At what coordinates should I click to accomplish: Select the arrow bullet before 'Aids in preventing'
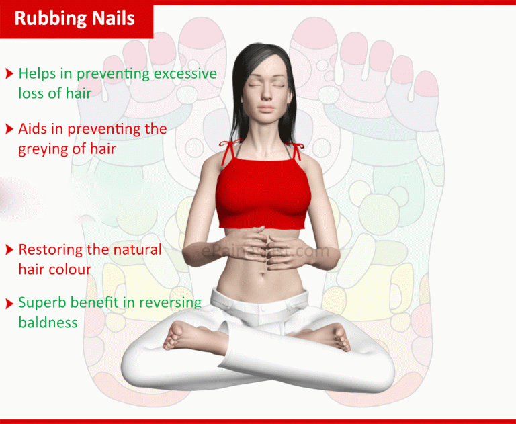[x=9, y=128]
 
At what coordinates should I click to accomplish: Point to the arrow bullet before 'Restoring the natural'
[x=9, y=250]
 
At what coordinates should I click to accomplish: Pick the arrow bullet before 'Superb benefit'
[x=9, y=303]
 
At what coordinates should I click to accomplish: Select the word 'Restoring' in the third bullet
[x=50, y=250]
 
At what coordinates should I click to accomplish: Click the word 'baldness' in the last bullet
[x=48, y=323]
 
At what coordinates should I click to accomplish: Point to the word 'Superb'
[x=40, y=303]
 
